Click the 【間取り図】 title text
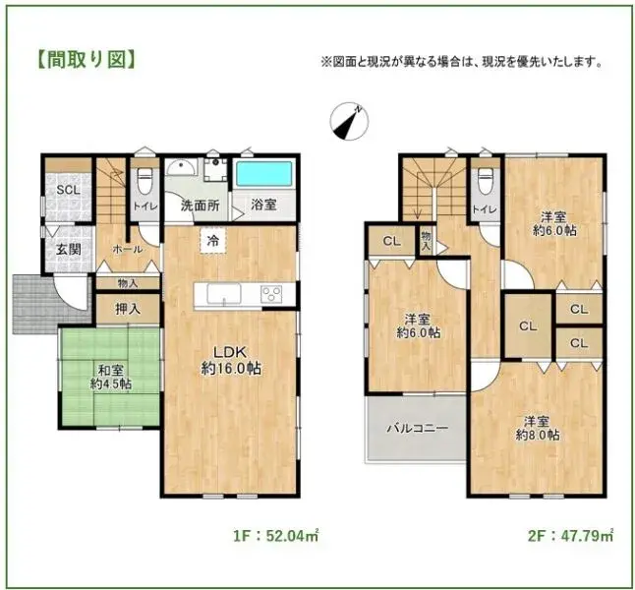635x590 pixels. (86, 60)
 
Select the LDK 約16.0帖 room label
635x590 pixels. (231, 360)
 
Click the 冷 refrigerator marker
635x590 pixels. (211, 239)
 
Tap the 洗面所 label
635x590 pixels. (199, 206)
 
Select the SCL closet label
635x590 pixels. (68, 190)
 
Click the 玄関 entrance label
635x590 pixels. (68, 248)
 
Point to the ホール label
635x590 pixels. (128, 250)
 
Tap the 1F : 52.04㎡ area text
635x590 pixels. (276, 537)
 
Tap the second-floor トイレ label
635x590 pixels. (484, 209)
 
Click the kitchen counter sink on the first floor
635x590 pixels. (220, 293)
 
